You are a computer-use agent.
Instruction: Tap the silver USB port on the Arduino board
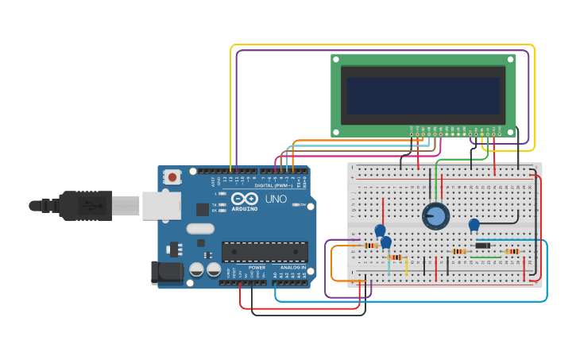click(x=161, y=205)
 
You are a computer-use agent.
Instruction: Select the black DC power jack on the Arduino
click(x=168, y=272)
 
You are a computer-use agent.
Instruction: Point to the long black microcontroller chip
click(x=265, y=252)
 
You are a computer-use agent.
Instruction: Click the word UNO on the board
click(x=275, y=199)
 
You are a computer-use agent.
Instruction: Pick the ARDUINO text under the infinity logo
click(x=245, y=208)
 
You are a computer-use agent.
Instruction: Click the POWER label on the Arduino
click(x=257, y=268)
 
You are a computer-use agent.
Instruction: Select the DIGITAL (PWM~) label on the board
click(x=274, y=185)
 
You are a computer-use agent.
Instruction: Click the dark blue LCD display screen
click(x=423, y=95)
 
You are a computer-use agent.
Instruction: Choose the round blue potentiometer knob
click(x=435, y=215)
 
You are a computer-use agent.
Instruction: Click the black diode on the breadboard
click(x=481, y=246)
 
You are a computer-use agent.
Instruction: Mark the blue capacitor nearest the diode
click(x=474, y=225)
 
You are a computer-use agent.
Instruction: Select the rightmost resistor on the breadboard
click(x=512, y=252)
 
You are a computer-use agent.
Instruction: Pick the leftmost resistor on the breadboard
click(x=370, y=246)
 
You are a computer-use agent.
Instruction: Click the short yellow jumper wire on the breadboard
click(x=407, y=265)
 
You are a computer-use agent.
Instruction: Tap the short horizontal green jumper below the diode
click(x=485, y=257)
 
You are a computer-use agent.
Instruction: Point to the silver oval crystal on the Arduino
click(x=200, y=229)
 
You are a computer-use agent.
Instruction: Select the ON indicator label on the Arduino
click(x=296, y=204)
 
